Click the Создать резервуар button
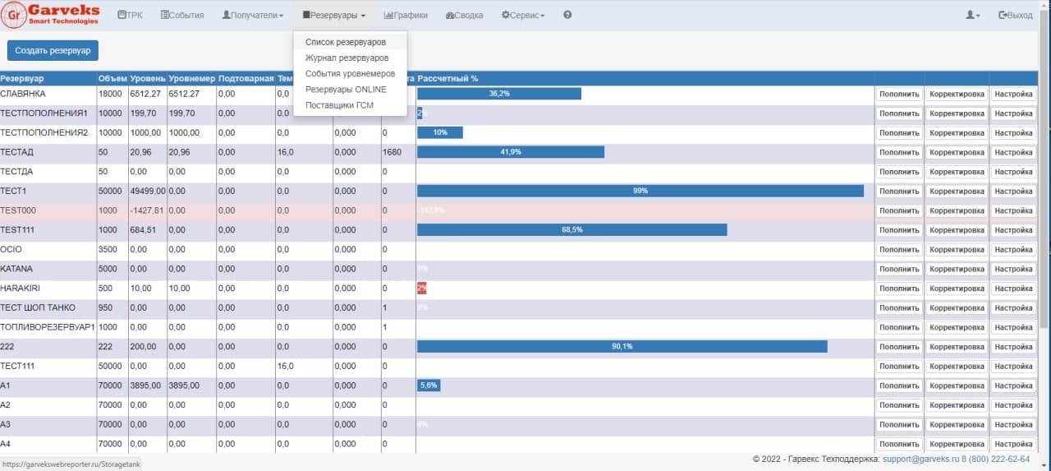tap(53, 50)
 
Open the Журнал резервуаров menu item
tap(347, 58)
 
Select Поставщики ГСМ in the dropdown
tap(340, 105)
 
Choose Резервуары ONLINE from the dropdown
tap(346, 90)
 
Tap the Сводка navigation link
tap(464, 16)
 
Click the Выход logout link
tap(1015, 16)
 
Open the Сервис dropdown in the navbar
tap(523, 16)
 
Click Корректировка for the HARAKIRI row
tap(957, 289)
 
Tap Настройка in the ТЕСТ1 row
tap(1013, 192)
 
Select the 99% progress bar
tap(640, 191)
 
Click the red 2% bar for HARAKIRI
tap(421, 289)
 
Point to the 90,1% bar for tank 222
tap(622, 347)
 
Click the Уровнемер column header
tap(191, 78)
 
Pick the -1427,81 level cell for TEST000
tap(147, 210)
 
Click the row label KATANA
tap(17, 269)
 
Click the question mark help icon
tap(567, 16)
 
